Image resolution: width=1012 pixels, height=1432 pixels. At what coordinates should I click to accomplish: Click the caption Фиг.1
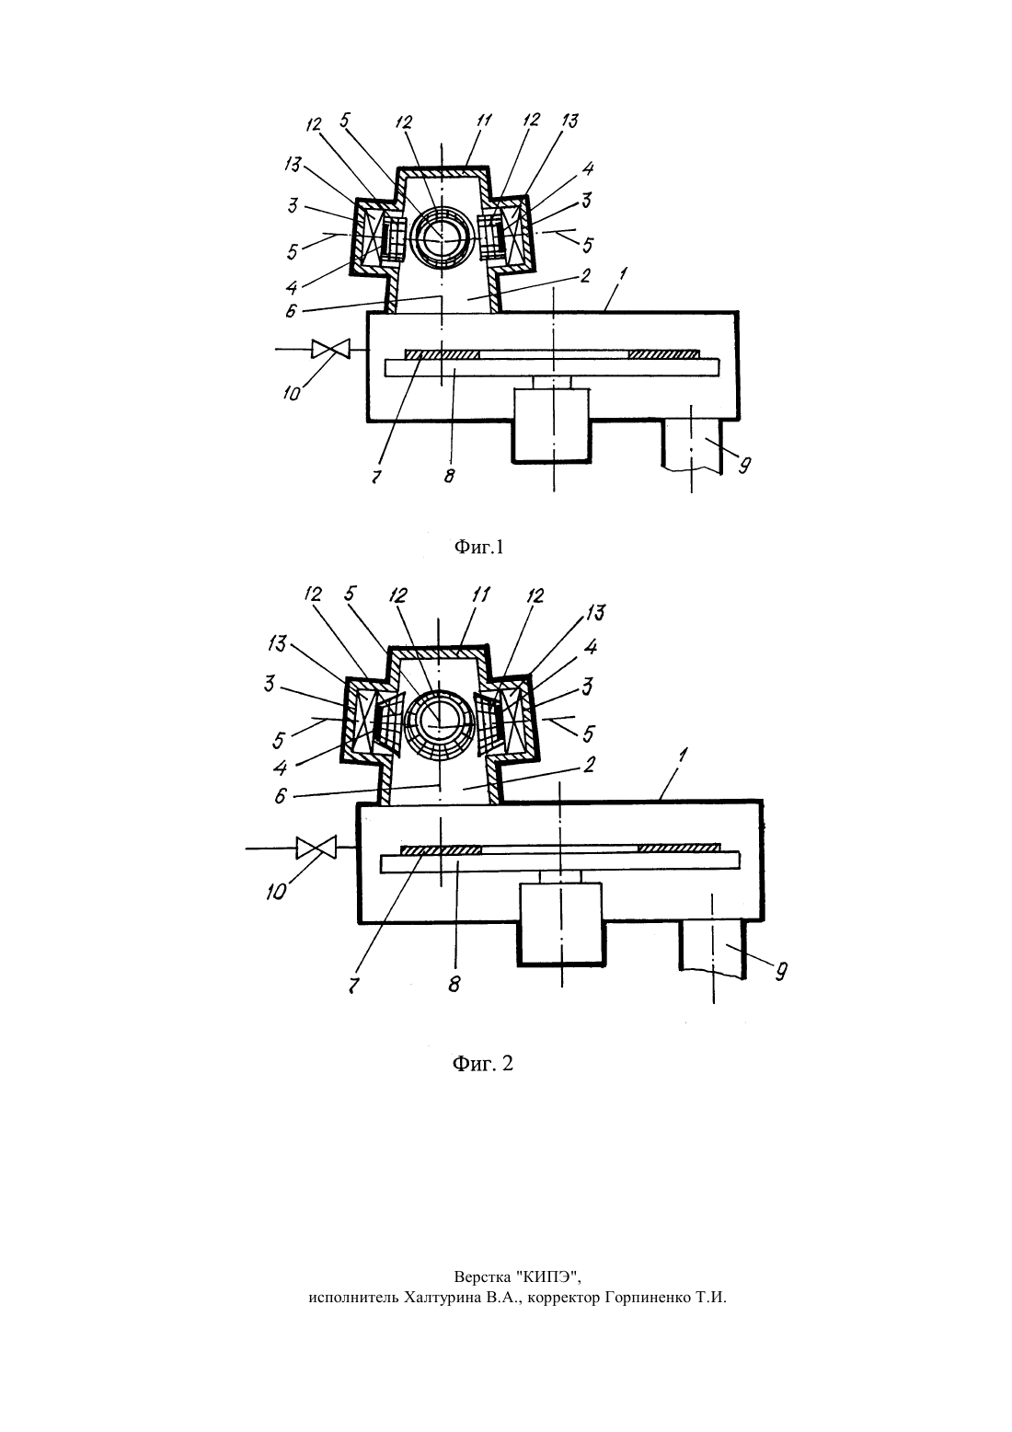(x=478, y=547)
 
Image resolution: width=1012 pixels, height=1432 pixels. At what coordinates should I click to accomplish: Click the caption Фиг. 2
(x=482, y=1063)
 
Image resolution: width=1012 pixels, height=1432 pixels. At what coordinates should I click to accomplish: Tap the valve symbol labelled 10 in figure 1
(x=330, y=349)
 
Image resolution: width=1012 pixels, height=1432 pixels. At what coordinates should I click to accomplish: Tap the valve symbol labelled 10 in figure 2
(x=316, y=848)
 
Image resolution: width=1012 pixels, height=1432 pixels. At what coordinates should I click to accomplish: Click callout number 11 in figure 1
(x=484, y=121)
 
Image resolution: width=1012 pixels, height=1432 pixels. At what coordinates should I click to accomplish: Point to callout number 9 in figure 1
(x=743, y=466)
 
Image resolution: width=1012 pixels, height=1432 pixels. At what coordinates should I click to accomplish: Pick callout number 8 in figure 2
(x=454, y=983)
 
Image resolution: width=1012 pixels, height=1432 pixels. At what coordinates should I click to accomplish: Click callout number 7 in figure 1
(x=375, y=477)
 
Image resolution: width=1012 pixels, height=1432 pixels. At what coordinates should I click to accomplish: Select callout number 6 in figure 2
(x=281, y=796)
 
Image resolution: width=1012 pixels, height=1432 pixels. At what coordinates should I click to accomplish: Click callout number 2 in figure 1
(x=585, y=276)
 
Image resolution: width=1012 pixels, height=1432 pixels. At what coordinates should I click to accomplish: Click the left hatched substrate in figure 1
(x=443, y=354)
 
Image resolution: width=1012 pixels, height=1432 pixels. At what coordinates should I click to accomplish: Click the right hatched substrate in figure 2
(x=679, y=848)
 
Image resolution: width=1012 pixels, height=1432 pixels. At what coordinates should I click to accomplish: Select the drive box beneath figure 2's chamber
(x=560, y=923)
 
